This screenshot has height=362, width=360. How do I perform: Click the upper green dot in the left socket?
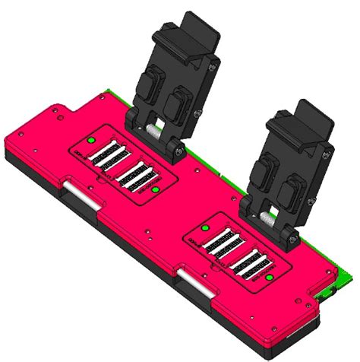[x=90, y=141]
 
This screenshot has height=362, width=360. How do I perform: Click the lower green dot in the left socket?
[x=154, y=189]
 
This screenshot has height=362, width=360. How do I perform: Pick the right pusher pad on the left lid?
[x=181, y=98]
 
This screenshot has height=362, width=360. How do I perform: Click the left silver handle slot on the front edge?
[x=79, y=193]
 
